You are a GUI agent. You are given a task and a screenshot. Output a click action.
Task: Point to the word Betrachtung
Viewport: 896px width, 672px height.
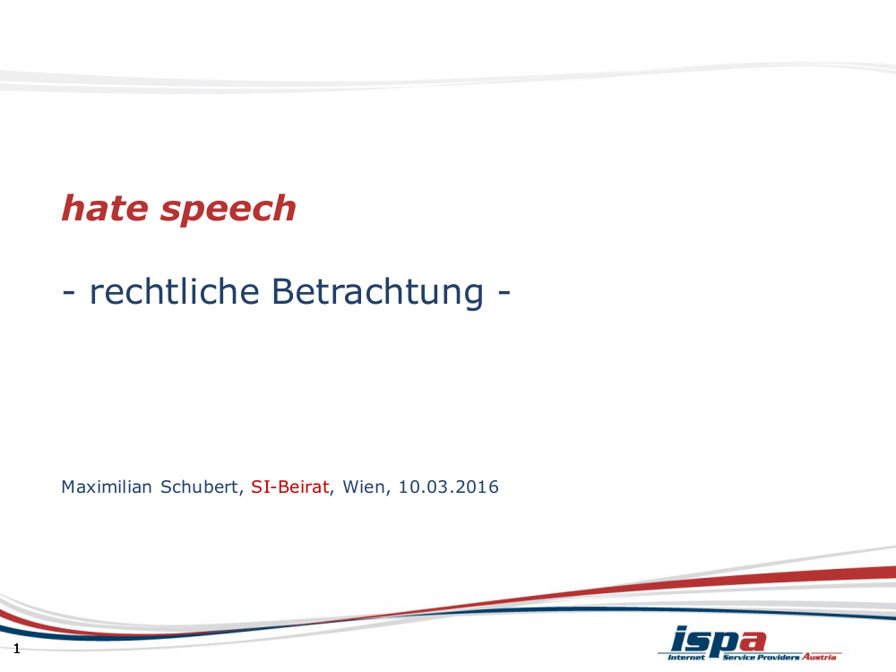coord(377,292)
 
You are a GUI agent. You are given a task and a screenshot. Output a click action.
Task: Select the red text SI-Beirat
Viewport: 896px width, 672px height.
coord(290,487)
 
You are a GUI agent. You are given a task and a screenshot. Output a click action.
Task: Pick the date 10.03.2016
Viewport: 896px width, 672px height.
coord(448,487)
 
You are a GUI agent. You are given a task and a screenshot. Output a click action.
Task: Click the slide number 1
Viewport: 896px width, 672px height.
coord(16,649)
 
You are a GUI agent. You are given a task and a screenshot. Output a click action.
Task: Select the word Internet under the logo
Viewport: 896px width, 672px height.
coord(687,657)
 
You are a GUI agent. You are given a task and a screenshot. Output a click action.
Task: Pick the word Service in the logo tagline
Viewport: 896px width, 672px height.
coord(737,657)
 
